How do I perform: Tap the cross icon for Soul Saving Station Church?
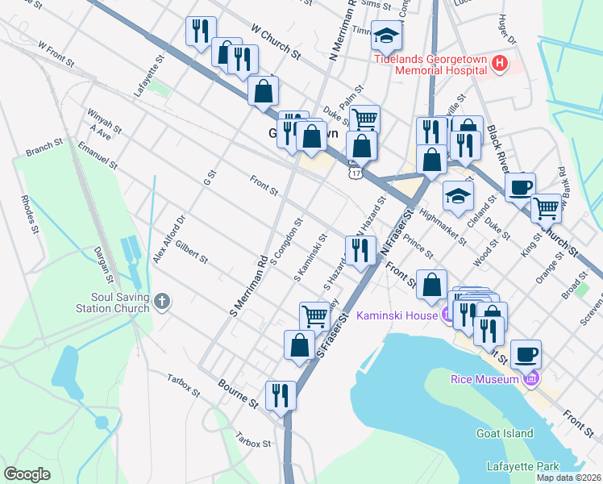163,302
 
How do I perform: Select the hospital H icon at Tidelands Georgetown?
500,62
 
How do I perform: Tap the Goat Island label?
506,433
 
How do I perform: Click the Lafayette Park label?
523,466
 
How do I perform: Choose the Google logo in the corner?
27,474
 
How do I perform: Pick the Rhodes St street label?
31,212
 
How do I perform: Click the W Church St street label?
275,43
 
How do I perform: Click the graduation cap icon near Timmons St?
388,36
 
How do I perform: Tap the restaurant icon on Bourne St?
281,395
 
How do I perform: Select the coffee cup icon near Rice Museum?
526,354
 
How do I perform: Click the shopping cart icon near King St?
547,208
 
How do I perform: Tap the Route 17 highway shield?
355,172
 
